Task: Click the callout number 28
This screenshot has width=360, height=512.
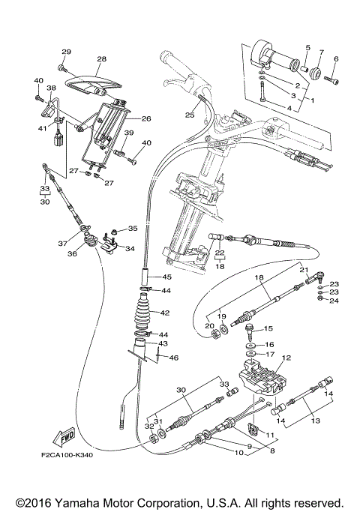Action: [101, 59]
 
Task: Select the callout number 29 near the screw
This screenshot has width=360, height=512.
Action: [65, 52]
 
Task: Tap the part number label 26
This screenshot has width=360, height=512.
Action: [146, 118]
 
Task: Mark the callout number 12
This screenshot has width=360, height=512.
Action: [286, 358]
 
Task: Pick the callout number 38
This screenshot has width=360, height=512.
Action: [51, 88]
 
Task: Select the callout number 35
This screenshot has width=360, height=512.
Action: [133, 229]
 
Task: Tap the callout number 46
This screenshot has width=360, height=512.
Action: [174, 358]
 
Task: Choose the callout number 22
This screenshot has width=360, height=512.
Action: [220, 253]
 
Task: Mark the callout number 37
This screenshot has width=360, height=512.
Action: [63, 243]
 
